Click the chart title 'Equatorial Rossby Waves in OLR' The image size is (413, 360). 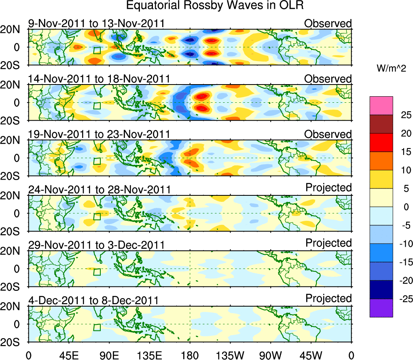click(x=215, y=6)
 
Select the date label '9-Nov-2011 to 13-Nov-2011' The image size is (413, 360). click(x=96, y=23)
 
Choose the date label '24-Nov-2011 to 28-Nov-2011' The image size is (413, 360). click(x=99, y=189)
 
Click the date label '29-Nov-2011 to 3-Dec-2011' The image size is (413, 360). click(x=96, y=245)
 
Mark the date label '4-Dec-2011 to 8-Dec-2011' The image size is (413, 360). click(x=93, y=300)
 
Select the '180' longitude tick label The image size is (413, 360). click(x=190, y=355)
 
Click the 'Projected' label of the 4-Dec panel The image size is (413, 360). click(x=328, y=299)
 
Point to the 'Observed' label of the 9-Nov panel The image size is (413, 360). click(x=328, y=23)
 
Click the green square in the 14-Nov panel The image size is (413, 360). click(x=97, y=106)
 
